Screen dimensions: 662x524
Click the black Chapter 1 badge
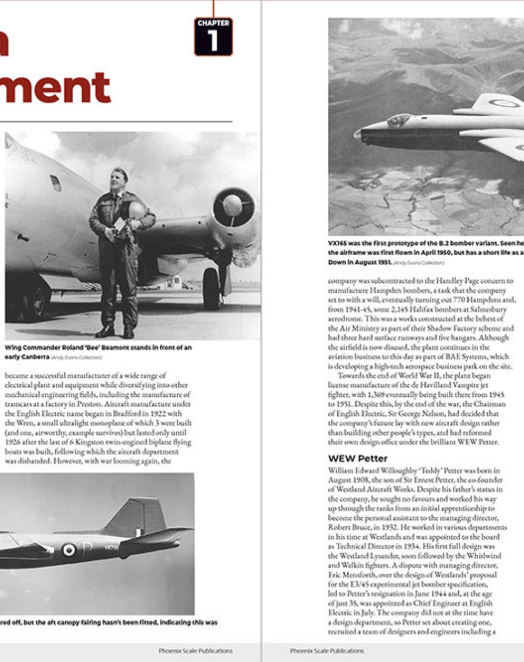pyautogui.click(x=213, y=36)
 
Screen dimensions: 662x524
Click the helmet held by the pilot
pyautogui.click(x=137, y=210)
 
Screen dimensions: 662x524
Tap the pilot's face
pyautogui.click(x=118, y=180)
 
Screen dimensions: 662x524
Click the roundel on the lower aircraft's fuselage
pyautogui.click(x=69, y=549)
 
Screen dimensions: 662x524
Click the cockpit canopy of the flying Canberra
pyautogui.click(x=398, y=121)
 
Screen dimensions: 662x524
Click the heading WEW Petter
pyautogui.click(x=357, y=458)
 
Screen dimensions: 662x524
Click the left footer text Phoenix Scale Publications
pyautogui.click(x=195, y=651)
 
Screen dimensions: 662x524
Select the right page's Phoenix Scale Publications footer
pyautogui.click(x=327, y=651)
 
